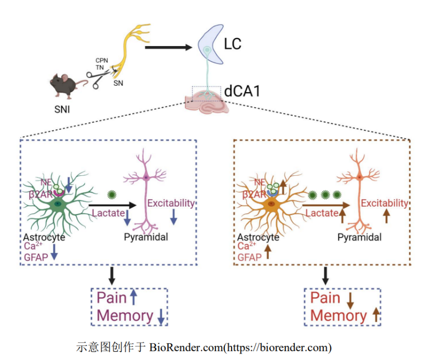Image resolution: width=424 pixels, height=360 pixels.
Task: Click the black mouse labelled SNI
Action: pos(63,86)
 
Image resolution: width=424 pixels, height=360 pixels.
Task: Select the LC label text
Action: pos(233,44)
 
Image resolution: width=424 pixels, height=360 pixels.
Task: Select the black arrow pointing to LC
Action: pos(168,48)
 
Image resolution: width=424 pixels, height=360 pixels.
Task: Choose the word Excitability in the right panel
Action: pos(384,203)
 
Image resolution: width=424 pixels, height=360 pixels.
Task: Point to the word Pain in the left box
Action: pos(112,298)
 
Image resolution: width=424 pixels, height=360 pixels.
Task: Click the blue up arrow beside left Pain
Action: pos(133,297)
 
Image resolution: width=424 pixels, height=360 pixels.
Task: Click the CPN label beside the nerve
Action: pos(101,61)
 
